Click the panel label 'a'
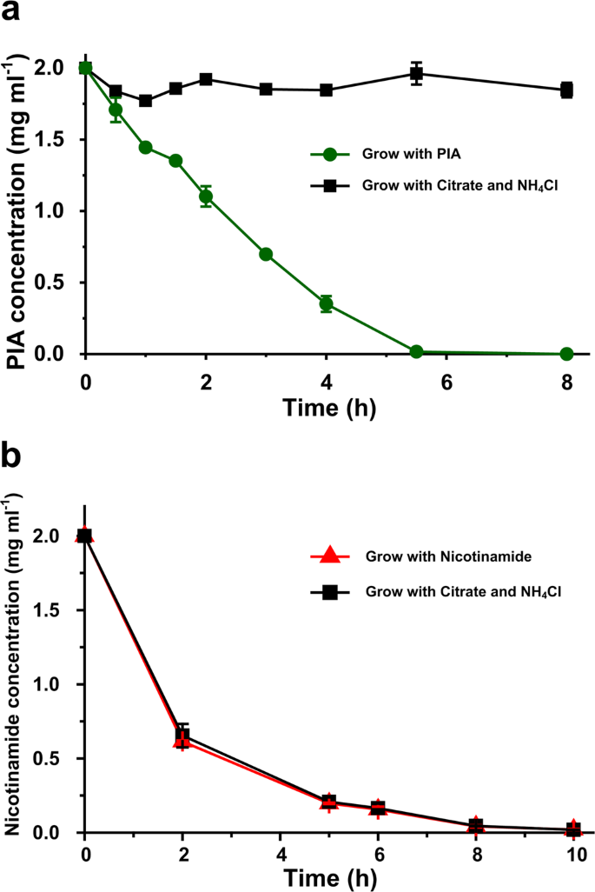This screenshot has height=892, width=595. click(13, 13)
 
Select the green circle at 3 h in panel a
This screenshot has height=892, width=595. click(266, 254)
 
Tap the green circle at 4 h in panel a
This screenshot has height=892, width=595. click(327, 304)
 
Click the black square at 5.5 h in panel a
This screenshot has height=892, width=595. click(417, 74)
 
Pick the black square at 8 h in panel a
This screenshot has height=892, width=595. click(567, 90)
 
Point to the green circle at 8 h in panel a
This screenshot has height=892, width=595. click(567, 354)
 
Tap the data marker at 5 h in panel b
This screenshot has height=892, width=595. click(328, 802)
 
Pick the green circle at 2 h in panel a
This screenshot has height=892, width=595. click(206, 196)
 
